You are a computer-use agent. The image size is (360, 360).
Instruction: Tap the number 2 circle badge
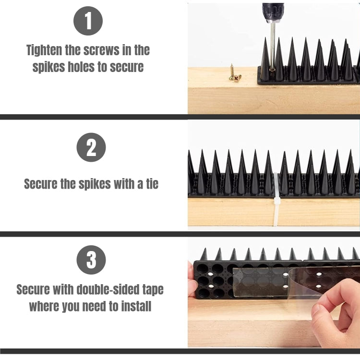tap(91, 147)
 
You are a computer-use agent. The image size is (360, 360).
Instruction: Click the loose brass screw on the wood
tap(234, 73)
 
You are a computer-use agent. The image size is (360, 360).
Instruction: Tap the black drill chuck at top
tap(273, 12)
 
